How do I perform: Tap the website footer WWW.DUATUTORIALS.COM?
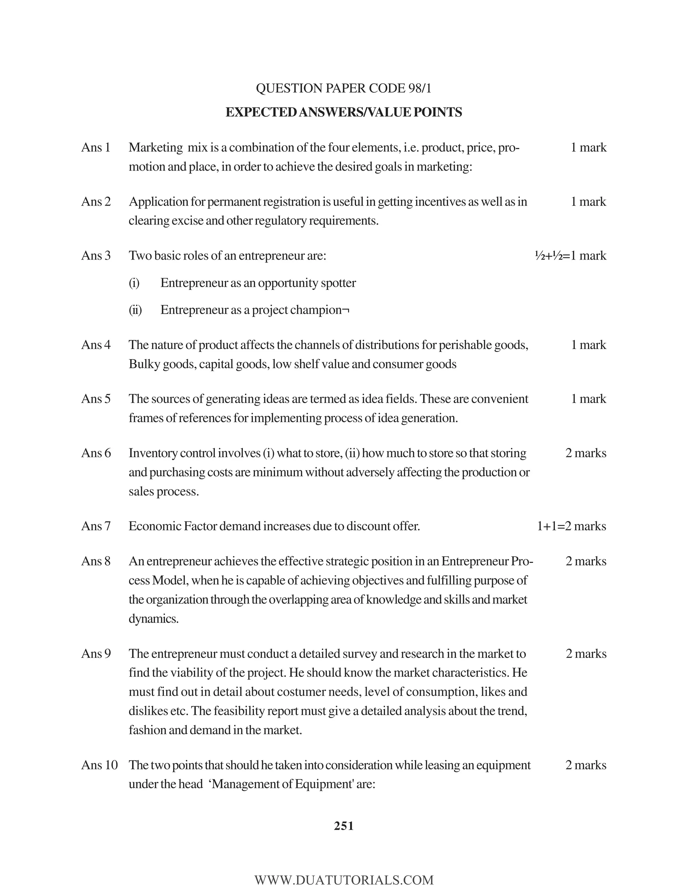(344, 880)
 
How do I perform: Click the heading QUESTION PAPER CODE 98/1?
(344, 88)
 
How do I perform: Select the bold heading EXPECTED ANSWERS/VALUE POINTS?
(344, 112)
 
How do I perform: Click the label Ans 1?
(96, 147)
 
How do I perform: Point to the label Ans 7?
(96, 526)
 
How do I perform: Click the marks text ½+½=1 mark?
(570, 256)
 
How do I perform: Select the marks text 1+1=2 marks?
(571, 526)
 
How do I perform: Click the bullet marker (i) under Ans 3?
(134, 283)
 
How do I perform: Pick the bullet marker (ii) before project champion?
(135, 310)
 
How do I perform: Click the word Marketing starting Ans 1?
(155, 147)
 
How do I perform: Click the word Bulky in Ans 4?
(144, 364)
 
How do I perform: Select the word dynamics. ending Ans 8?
(154, 619)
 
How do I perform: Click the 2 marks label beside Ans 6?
(586, 453)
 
